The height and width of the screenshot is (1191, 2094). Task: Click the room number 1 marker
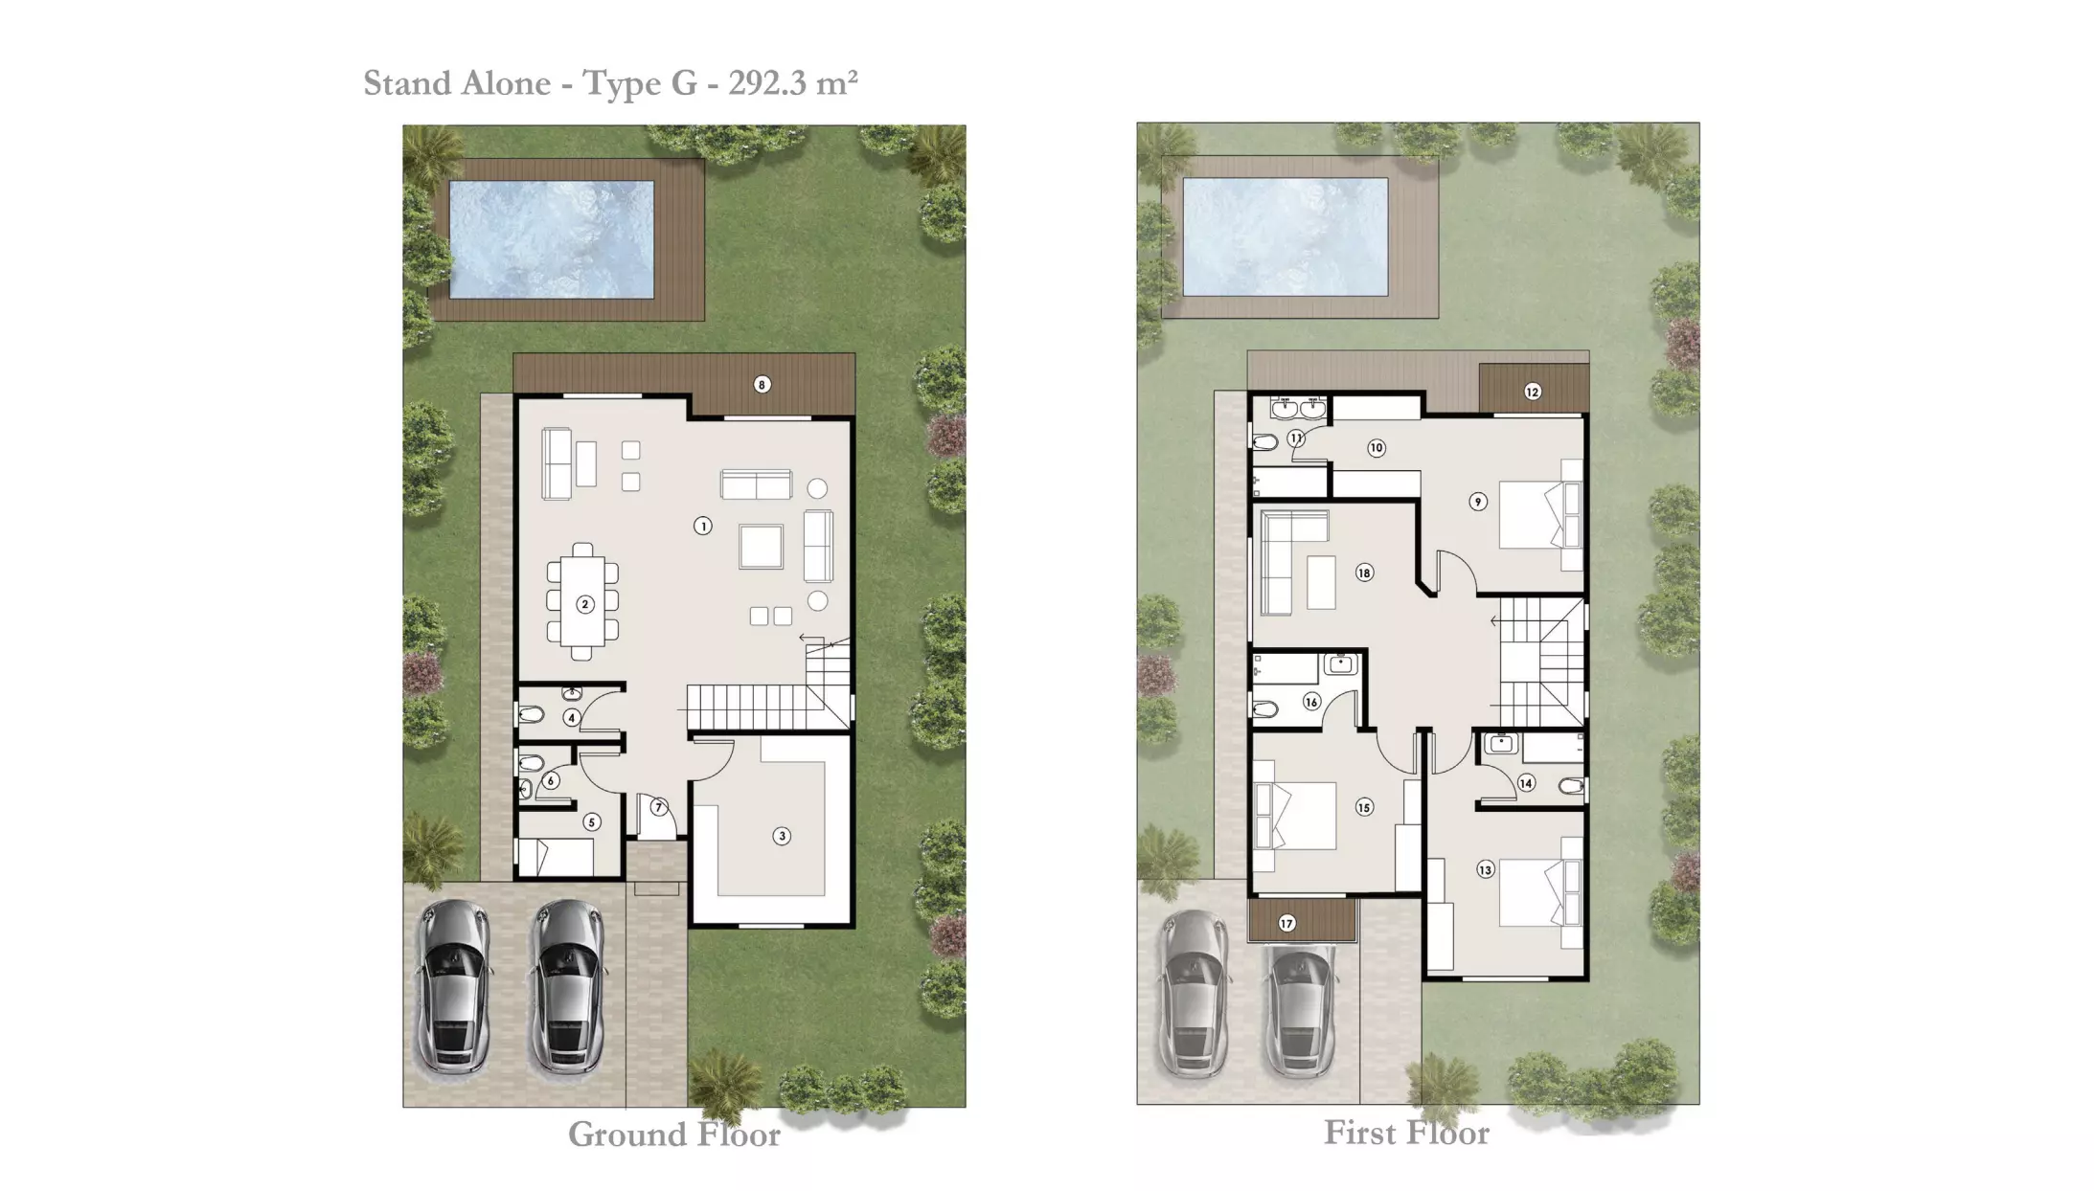[x=703, y=526]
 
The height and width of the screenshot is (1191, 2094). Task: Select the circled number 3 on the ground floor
[x=782, y=836]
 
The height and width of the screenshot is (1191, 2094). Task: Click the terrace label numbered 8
[x=762, y=385]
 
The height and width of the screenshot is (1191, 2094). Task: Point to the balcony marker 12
[x=1532, y=392]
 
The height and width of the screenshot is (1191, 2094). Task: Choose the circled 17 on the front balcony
[x=1286, y=924]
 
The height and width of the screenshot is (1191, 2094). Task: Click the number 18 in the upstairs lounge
[x=1364, y=573]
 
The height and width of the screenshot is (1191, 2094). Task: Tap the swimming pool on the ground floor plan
[x=552, y=239]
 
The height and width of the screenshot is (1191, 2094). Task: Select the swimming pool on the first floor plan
[x=1286, y=236]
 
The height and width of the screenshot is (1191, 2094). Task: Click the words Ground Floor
[x=674, y=1135]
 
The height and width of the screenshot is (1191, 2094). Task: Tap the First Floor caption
[x=1406, y=1133]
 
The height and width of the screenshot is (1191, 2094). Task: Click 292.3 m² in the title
[x=792, y=83]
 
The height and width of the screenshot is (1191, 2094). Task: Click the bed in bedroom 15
[x=1294, y=816]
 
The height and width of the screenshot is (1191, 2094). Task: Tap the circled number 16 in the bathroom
[x=1311, y=702]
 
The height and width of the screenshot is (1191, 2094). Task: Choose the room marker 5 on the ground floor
[x=592, y=822]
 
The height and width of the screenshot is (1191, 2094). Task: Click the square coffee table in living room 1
[x=761, y=548]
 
